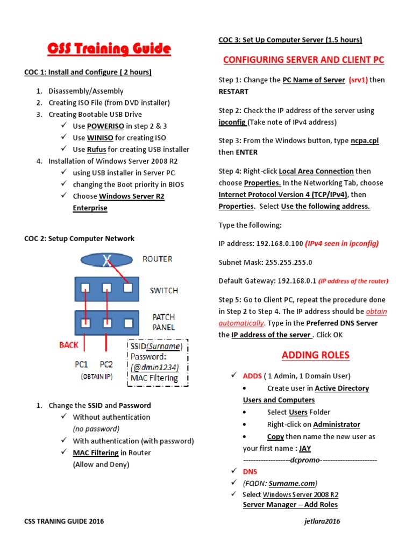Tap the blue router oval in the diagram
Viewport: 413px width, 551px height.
[x=106, y=260]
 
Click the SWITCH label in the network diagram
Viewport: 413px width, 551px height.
[x=163, y=291]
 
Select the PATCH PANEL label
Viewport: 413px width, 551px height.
[x=163, y=322]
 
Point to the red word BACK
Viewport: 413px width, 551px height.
[x=69, y=345]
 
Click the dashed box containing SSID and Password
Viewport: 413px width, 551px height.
[x=158, y=362]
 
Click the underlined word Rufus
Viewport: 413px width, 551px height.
[x=96, y=149]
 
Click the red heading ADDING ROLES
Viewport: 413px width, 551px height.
[x=316, y=355]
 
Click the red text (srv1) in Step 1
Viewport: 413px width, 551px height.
[x=358, y=80]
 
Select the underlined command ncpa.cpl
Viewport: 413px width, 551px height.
[x=365, y=140]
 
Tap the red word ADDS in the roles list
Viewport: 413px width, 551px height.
[x=252, y=376]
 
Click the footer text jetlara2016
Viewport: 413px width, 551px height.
[x=322, y=521]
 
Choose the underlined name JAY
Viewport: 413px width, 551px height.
[x=305, y=448]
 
